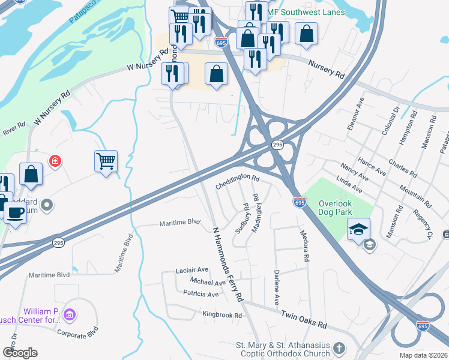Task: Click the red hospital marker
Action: (x=55, y=161)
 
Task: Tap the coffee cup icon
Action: (x=15, y=212)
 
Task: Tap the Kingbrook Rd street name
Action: (x=221, y=315)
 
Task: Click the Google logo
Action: (x=20, y=353)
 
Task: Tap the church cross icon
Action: (x=339, y=348)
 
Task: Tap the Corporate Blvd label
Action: (x=77, y=331)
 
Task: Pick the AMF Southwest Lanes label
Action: (x=306, y=12)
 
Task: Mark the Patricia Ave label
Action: (x=201, y=294)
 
